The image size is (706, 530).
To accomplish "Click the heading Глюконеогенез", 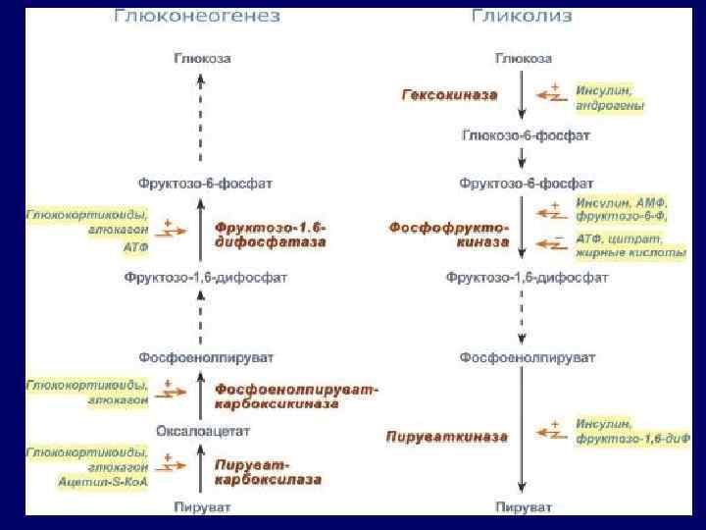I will pyautogui.click(x=197, y=17).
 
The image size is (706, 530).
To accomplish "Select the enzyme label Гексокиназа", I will pyautogui.click(x=449, y=95).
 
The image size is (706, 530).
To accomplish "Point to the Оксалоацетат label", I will pyautogui.click(x=204, y=430).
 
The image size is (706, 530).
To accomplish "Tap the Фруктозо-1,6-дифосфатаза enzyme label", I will pyautogui.click(x=272, y=234).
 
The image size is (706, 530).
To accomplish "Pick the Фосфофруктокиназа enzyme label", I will pyautogui.click(x=449, y=234).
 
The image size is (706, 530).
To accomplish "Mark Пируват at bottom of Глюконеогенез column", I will pyautogui.click(x=203, y=507).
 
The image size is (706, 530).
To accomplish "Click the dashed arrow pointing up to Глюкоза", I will pyautogui.click(x=202, y=118).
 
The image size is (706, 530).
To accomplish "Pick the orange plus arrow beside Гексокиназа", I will pyautogui.click(x=555, y=95).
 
